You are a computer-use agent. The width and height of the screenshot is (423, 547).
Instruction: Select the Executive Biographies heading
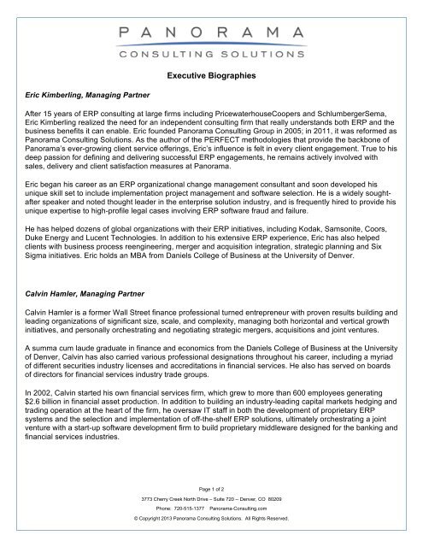click(211, 78)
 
